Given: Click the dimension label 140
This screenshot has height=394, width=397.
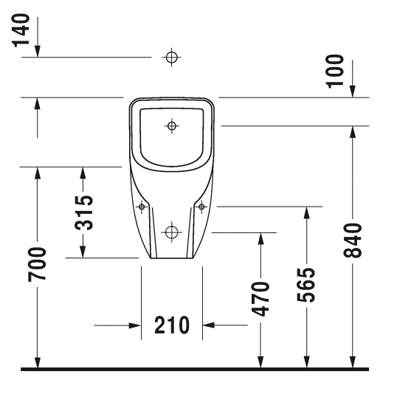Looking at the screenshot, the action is (x=21, y=30).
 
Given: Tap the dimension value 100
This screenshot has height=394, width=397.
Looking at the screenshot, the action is (x=335, y=72).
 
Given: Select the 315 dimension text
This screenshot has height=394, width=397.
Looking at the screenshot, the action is (x=84, y=213).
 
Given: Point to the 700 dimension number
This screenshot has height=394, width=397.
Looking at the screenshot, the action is (x=37, y=264).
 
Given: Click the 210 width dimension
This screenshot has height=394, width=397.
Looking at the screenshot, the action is (x=172, y=325).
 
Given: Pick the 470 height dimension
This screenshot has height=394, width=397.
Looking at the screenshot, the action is (x=260, y=299).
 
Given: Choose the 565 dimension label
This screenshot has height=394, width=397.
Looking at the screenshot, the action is (x=305, y=285).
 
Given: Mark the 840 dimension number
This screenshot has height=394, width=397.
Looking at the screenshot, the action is (x=353, y=241).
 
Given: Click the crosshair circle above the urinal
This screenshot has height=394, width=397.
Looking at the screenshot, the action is (x=171, y=58).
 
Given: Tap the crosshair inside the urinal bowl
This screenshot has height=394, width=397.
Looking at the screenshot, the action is (x=172, y=125).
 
